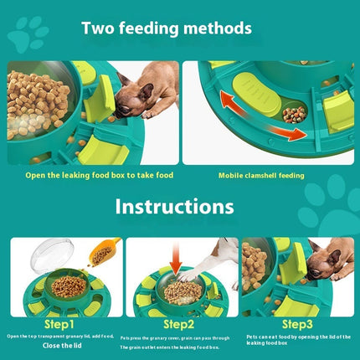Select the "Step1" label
point(58,323)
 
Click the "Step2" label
point(178,323)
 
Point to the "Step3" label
point(297,323)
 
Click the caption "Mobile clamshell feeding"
point(261,176)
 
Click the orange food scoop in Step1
point(103,252)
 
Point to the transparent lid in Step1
point(54,256)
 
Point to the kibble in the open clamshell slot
point(294,113)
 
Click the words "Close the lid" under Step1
point(59,343)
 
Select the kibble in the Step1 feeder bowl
point(69,287)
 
